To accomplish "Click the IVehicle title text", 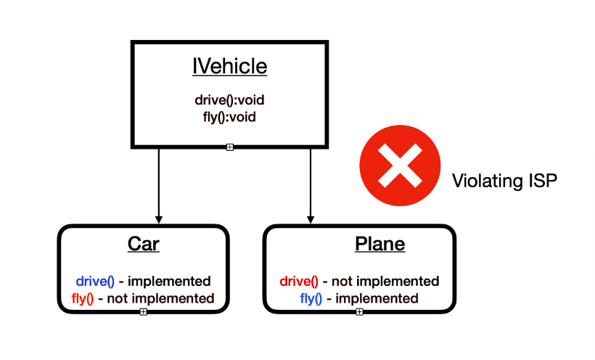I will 229,67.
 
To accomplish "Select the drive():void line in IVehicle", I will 229,100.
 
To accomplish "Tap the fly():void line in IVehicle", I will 229,115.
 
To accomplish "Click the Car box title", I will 143,245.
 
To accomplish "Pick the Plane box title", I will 379,245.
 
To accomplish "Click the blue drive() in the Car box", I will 95,281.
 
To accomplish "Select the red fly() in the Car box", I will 84,298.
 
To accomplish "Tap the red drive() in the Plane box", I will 299,281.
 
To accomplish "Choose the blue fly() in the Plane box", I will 311,298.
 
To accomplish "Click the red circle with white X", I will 400,166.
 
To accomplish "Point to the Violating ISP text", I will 504,181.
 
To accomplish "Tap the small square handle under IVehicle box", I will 229,147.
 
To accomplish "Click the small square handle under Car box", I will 143,311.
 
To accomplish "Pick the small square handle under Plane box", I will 359,311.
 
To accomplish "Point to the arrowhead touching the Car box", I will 158,220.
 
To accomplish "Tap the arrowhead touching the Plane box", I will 311,220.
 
